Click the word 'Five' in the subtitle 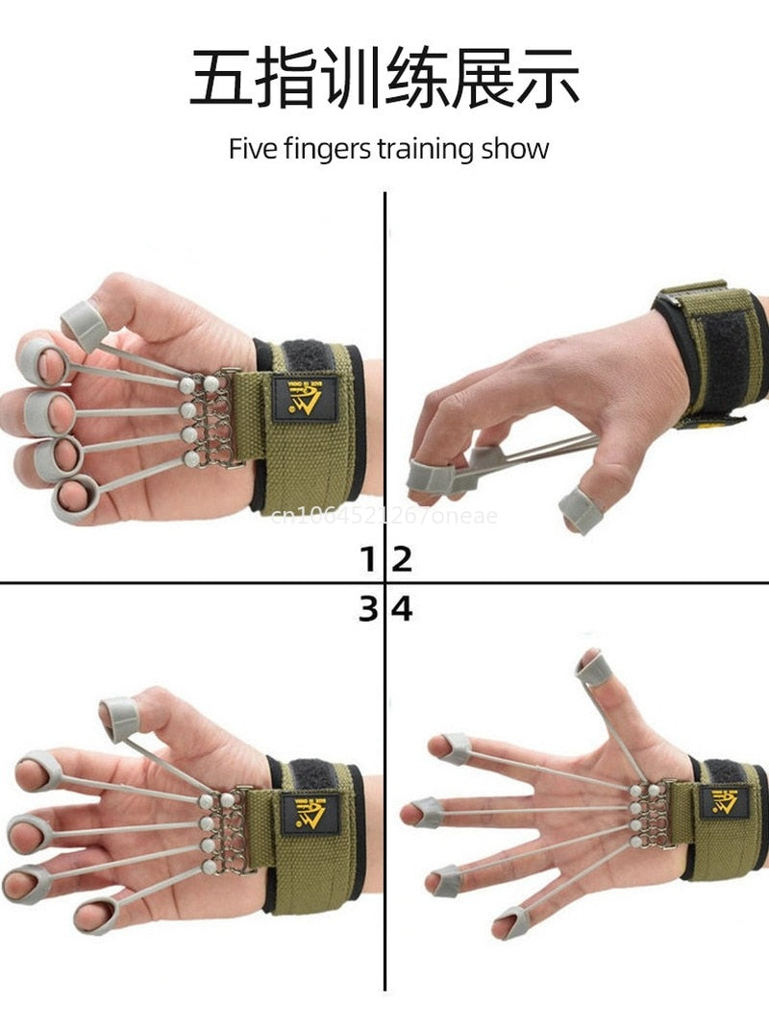tap(251, 150)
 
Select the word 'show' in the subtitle tap(515, 150)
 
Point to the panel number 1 tap(368, 559)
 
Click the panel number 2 tap(402, 559)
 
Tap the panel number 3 tap(368, 608)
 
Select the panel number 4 tap(402, 608)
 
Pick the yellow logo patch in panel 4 tap(723, 801)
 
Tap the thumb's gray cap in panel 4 tap(592, 668)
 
